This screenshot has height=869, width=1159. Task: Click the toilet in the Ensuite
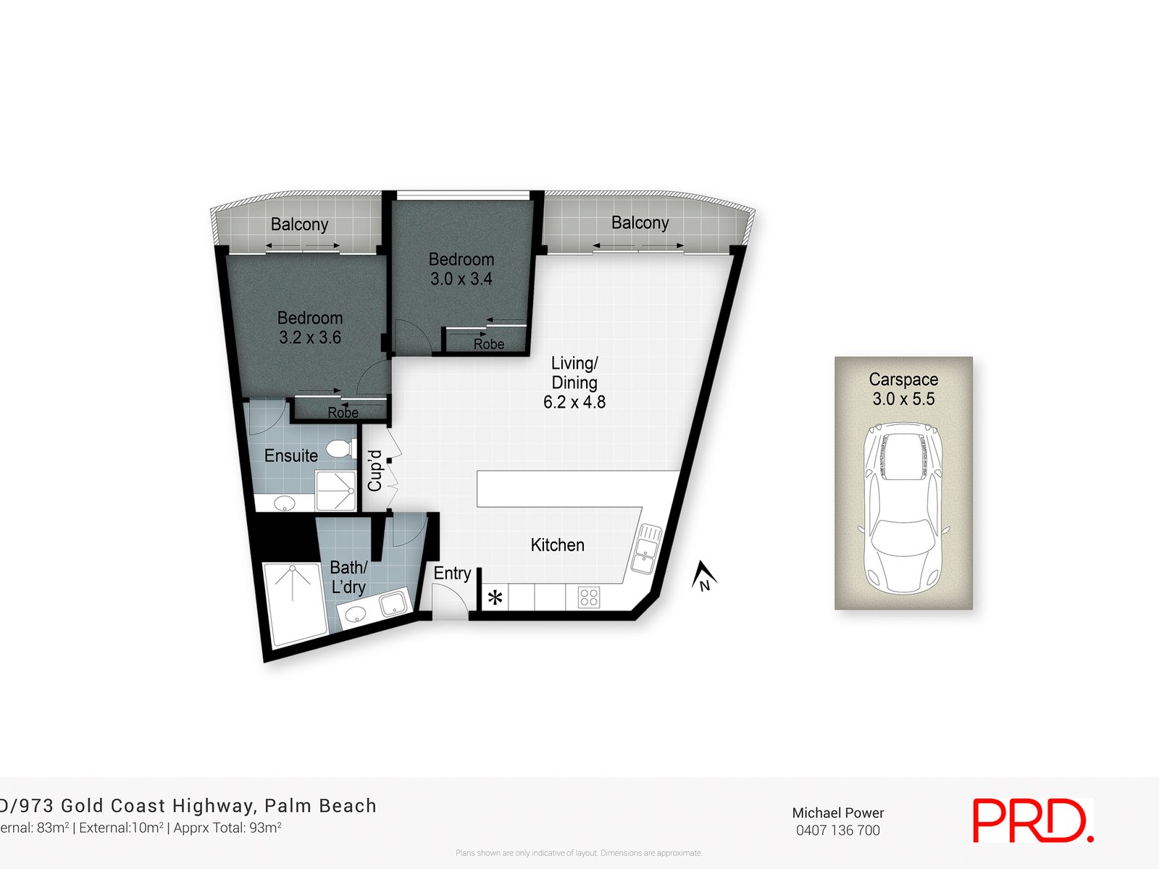[341, 449]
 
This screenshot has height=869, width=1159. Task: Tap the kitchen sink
[646, 550]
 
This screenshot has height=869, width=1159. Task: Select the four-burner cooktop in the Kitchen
[589, 597]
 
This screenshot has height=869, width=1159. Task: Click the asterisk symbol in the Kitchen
[495, 598]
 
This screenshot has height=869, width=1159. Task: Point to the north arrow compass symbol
[703, 576]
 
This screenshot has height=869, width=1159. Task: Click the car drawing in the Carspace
[903, 507]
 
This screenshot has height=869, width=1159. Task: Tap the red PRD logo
[1032, 820]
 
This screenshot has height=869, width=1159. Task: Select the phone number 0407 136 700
[837, 831]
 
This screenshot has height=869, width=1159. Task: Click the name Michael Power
[837, 813]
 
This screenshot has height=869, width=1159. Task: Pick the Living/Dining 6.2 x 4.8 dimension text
[574, 402]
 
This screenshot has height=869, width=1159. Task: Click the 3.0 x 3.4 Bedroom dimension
[461, 279]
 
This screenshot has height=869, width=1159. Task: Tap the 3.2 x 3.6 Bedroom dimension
[310, 337]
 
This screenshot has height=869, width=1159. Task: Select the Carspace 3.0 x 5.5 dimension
[903, 399]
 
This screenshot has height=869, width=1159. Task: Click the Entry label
[452, 574]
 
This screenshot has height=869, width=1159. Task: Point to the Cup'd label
[375, 471]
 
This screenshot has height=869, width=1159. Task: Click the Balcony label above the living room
[640, 223]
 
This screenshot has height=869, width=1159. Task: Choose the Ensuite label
[291, 456]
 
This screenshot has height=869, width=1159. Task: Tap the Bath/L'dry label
[348, 577]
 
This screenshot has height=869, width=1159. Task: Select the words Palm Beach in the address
[320, 805]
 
